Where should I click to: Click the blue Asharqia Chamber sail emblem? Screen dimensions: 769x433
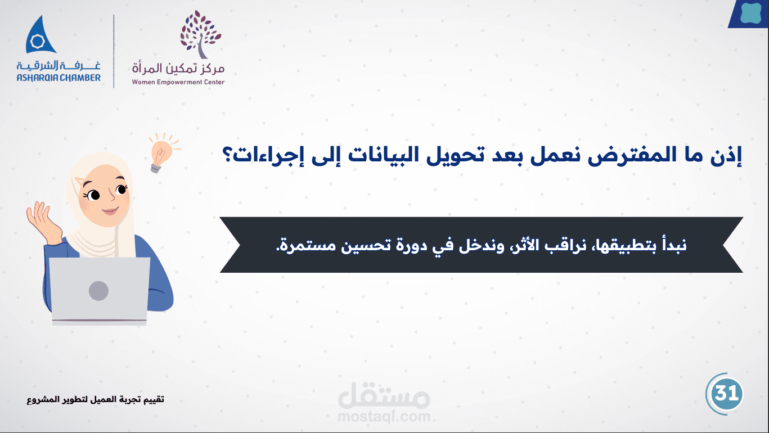pyautogui.click(x=40, y=35)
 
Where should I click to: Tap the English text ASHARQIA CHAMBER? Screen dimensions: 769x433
pyautogui.click(x=59, y=78)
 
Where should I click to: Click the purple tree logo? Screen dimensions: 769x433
pyautogui.click(x=200, y=34)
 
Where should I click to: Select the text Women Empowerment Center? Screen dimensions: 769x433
pyautogui.click(x=178, y=82)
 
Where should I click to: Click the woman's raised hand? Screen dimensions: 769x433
pyautogui.click(x=43, y=222)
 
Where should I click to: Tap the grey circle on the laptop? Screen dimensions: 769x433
pyautogui.click(x=98, y=291)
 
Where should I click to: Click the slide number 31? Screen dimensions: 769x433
pyautogui.click(x=725, y=394)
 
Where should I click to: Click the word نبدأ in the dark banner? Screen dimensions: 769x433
pyautogui.click(x=672, y=246)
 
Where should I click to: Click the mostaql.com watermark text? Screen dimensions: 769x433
pyautogui.click(x=384, y=417)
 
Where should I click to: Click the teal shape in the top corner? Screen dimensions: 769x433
pyautogui.click(x=751, y=12)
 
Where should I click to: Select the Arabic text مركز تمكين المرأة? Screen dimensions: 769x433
pyautogui.click(x=178, y=67)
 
